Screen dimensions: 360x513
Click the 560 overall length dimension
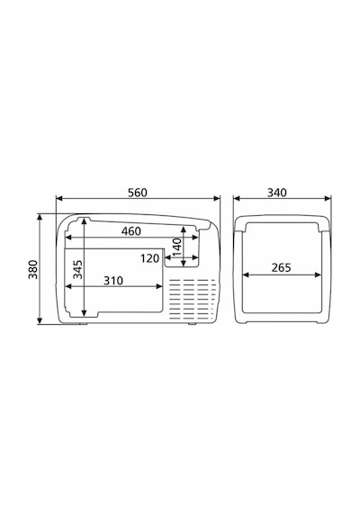tap(138, 193)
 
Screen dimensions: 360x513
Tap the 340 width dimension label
tap(277, 193)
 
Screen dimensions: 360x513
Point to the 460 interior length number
tap(131, 231)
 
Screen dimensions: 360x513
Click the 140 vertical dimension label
tap(176, 247)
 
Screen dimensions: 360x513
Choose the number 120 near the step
tap(150, 258)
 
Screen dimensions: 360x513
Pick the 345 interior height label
tap(77, 269)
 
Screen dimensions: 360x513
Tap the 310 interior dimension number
tap(113, 281)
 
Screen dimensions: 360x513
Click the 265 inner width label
tap(282, 267)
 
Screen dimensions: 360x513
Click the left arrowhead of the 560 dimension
tap(59, 198)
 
